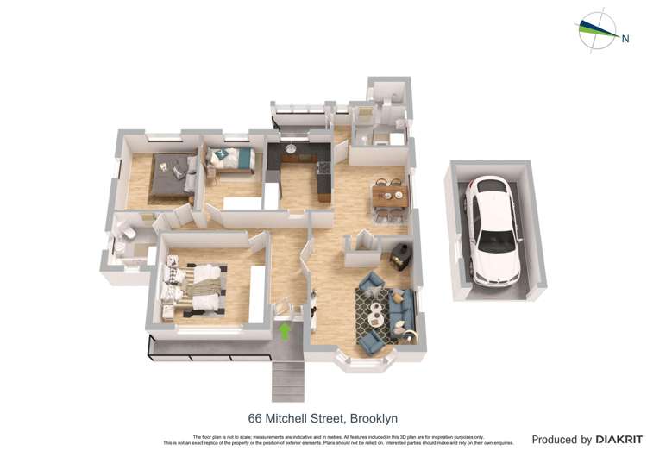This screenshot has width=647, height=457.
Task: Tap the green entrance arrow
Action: (x=286, y=330)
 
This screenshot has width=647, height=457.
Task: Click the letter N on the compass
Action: (x=623, y=37)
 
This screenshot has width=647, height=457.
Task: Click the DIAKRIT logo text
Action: (x=619, y=440)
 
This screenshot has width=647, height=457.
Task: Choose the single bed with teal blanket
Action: (x=230, y=160)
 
